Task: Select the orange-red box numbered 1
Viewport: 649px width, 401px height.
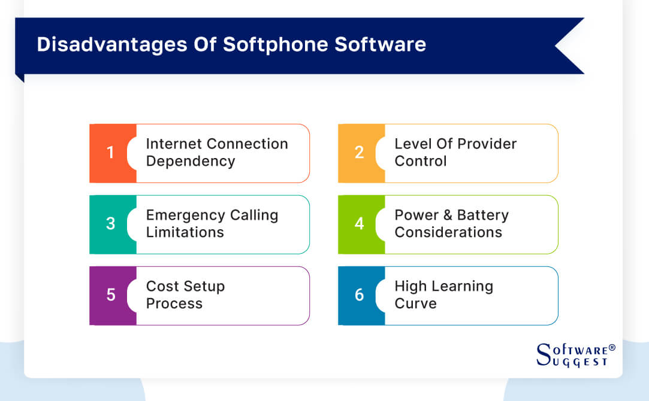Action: [111, 153]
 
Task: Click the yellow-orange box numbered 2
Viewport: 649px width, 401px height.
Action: [360, 153]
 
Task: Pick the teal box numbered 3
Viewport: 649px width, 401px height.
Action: [111, 224]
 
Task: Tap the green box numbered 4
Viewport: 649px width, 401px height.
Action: [360, 224]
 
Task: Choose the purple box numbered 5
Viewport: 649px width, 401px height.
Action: [111, 296]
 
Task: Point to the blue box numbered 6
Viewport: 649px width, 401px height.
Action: [360, 296]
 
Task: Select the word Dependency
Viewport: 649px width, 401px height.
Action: [191, 162]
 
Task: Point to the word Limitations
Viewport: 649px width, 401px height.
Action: [185, 233]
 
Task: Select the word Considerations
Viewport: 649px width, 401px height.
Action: [448, 233]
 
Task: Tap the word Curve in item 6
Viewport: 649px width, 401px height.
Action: [415, 304]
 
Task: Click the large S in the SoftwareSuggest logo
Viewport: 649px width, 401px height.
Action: [544, 354]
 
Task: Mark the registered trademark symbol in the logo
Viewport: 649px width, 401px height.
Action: [612, 348]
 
